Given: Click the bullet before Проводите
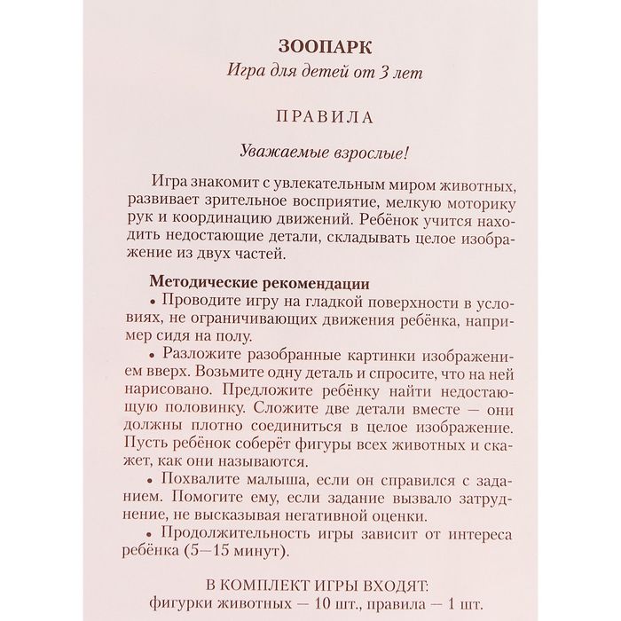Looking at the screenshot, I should [x=154, y=302].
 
